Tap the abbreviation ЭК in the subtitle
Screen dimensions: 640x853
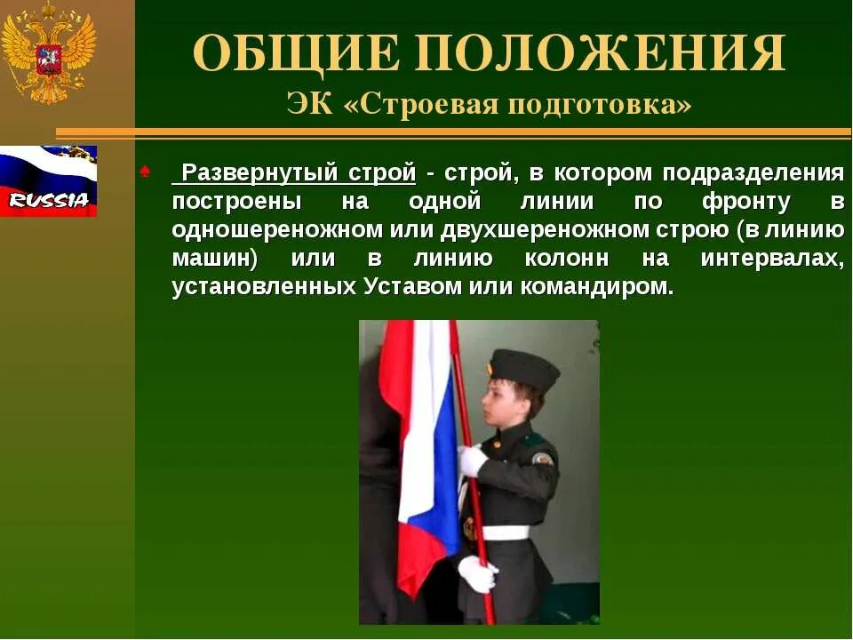point(308,104)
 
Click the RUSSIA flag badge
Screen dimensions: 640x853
point(48,181)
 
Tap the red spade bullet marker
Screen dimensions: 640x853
point(145,172)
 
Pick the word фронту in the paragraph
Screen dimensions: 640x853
point(745,202)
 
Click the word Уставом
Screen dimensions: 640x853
point(405,288)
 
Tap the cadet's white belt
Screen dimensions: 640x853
point(504,532)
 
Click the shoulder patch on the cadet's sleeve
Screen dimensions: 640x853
point(542,459)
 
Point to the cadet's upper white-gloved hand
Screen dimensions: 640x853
point(472,460)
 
